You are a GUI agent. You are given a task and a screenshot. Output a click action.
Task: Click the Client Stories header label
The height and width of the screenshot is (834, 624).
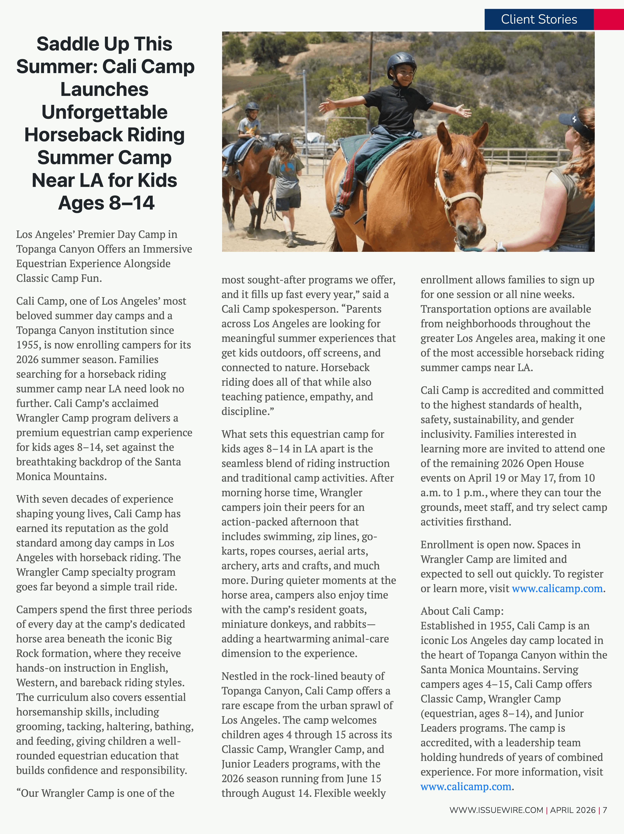pyautogui.click(x=539, y=19)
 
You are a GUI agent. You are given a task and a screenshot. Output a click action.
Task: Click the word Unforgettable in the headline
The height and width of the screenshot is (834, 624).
pyautogui.click(x=105, y=112)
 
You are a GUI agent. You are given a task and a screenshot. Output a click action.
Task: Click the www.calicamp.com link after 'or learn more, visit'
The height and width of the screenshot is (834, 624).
pyautogui.click(x=557, y=589)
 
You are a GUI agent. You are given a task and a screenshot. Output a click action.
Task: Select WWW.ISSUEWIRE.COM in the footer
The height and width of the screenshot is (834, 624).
pyautogui.click(x=496, y=810)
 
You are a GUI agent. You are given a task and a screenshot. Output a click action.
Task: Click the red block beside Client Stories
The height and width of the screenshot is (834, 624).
pyautogui.click(x=609, y=19)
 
